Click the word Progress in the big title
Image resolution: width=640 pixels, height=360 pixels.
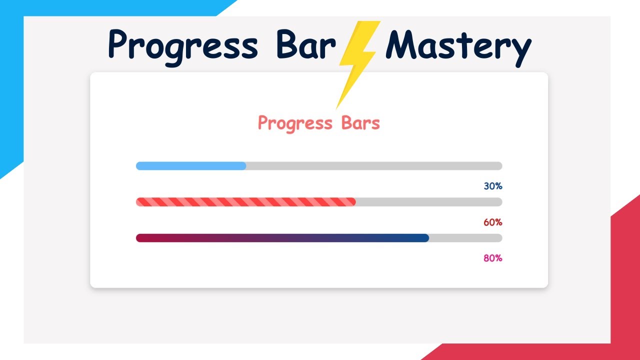point(183,46)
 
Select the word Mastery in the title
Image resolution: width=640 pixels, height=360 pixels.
point(458,46)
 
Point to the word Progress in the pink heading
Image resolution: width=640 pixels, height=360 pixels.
point(295,123)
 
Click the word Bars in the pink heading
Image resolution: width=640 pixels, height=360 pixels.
point(360,122)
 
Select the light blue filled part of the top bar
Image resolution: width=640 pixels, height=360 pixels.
point(190,166)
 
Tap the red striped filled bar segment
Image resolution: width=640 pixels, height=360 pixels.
point(245,202)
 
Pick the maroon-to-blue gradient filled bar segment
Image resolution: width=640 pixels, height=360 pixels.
point(282,238)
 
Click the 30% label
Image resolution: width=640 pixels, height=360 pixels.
point(492,186)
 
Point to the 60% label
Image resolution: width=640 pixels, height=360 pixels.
point(492,222)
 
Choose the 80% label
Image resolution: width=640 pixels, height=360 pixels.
point(492,258)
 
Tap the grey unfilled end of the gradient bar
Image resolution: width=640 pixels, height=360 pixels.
point(465,238)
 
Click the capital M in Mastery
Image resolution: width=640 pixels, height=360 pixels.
point(403,45)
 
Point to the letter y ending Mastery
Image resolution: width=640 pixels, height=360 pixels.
point(520,50)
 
